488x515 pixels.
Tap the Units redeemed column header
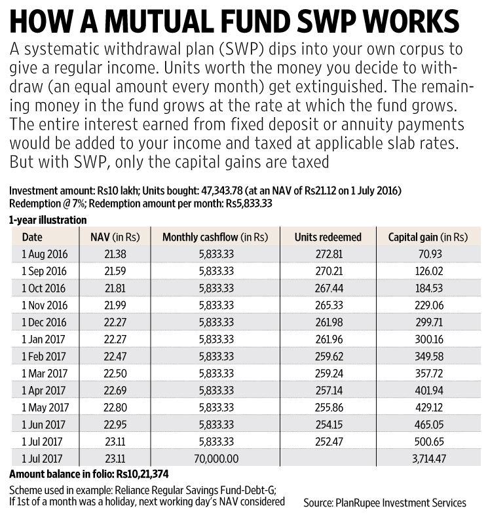point(328,237)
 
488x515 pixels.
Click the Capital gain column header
point(428,237)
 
